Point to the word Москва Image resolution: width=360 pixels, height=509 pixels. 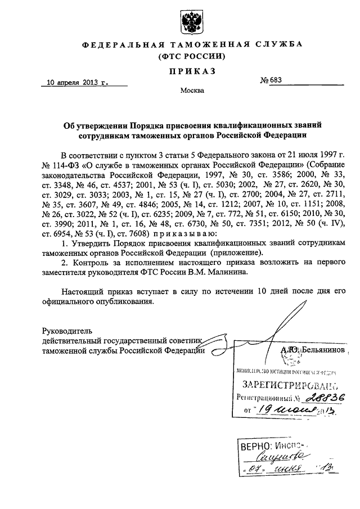pyautogui.click(x=192, y=90)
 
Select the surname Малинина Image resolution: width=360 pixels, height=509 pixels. pyautogui.click(x=246, y=273)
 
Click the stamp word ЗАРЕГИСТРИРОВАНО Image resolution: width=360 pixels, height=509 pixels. pyautogui.click(x=286, y=386)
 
